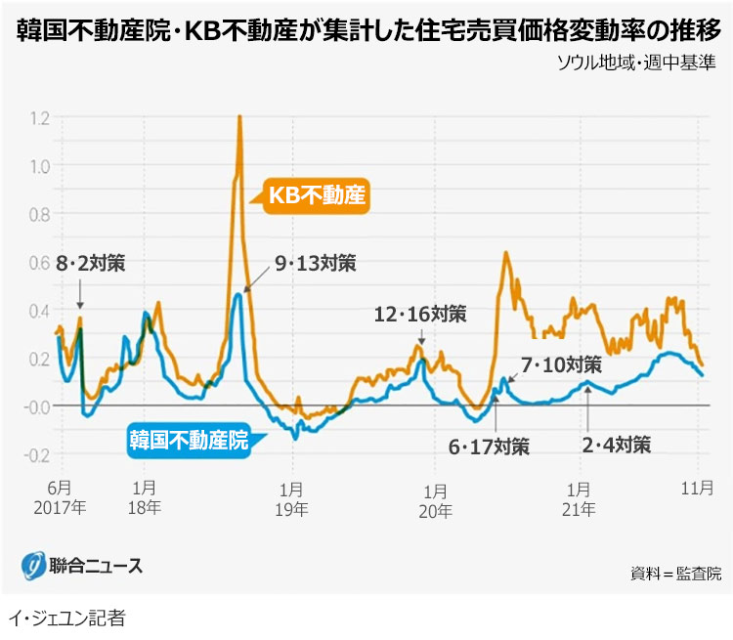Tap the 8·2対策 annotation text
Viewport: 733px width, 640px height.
pyautogui.click(x=91, y=263)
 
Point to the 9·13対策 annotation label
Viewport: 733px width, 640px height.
pyautogui.click(x=315, y=263)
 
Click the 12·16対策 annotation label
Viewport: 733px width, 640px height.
pyautogui.click(x=420, y=315)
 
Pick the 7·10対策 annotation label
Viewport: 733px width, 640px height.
pyautogui.click(x=561, y=364)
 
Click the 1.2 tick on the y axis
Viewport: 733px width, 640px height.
pyautogui.click(x=40, y=118)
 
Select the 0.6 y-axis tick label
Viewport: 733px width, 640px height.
pyautogui.click(x=40, y=263)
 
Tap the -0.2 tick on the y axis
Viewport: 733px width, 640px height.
pyautogui.click(x=38, y=455)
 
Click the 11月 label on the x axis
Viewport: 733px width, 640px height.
pyautogui.click(x=694, y=489)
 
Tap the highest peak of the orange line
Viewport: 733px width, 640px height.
pyautogui.click(x=239, y=117)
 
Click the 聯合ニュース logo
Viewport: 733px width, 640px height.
pyautogui.click(x=83, y=565)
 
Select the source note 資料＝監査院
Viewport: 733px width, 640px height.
pyautogui.click(x=675, y=573)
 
